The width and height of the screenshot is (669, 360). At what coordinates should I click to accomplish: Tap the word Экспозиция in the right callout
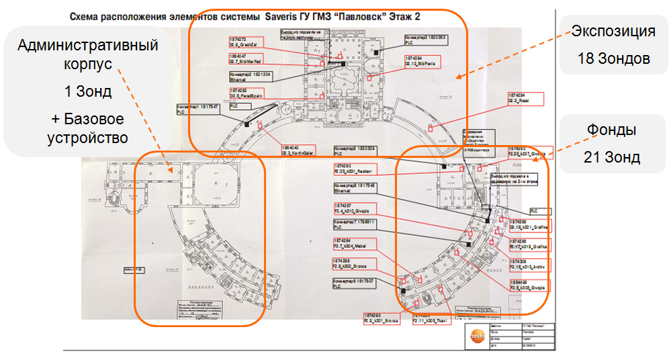(613, 31)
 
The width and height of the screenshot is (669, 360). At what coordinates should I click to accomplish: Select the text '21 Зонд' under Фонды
(613, 158)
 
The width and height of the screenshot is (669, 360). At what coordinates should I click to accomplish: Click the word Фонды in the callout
(613, 130)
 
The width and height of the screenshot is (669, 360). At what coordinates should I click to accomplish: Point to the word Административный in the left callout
(88, 46)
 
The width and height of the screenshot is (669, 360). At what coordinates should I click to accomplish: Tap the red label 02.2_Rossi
(526, 98)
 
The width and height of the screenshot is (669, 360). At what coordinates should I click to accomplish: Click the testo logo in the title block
(478, 334)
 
